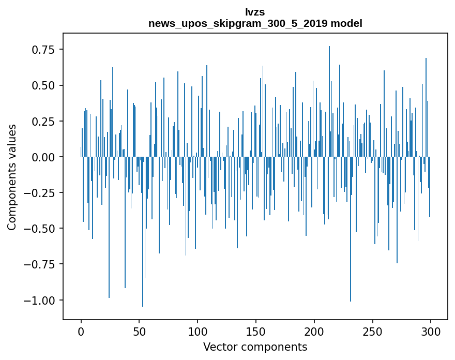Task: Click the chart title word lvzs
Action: point(255,12)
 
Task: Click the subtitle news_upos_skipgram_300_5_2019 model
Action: point(255,23)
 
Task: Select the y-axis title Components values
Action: point(12,177)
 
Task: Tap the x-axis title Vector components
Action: point(255,347)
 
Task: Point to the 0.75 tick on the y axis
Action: point(43,50)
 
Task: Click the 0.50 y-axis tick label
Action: point(43,85)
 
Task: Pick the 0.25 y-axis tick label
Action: point(43,121)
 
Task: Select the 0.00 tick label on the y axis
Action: point(43,157)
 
